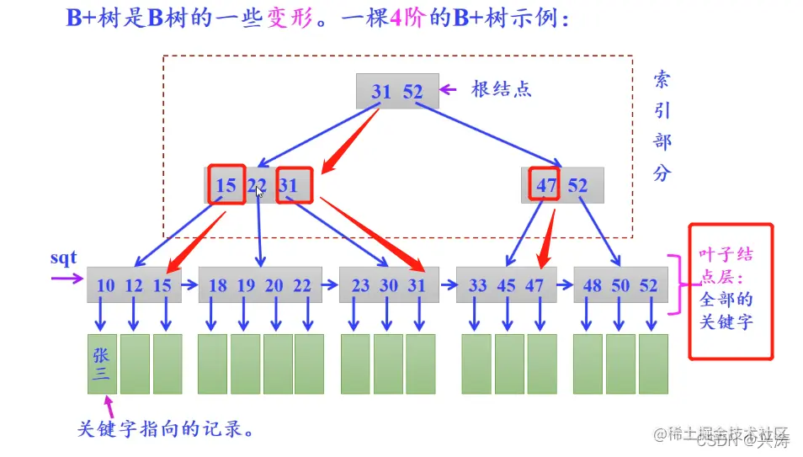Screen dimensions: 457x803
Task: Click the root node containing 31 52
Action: (x=397, y=91)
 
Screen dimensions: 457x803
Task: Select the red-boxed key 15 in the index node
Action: (x=226, y=185)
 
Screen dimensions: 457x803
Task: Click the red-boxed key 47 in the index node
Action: (x=547, y=185)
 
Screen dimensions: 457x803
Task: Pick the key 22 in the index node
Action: (x=257, y=185)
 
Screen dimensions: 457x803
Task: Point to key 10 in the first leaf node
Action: (x=105, y=285)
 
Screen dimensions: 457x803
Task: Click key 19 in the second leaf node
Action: (x=246, y=285)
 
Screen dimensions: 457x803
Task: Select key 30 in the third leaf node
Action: (x=389, y=285)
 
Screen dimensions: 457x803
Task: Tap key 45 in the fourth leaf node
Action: (x=506, y=285)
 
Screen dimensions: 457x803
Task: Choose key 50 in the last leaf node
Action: (x=620, y=285)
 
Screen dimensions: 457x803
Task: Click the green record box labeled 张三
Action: (x=102, y=364)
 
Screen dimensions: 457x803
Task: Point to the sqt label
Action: (x=63, y=258)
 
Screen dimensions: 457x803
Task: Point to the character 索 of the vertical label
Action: (x=662, y=81)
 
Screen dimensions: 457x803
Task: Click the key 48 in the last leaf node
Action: (x=593, y=285)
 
